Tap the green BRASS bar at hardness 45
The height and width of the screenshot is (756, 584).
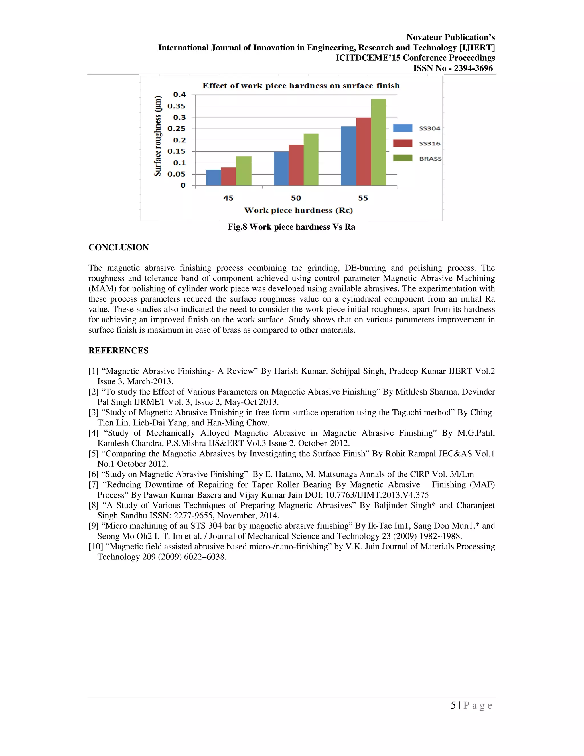(244, 171)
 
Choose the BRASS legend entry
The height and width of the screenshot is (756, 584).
(417, 159)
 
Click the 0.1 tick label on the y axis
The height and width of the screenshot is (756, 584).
(179, 163)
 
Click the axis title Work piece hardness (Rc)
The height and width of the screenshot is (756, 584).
(298, 211)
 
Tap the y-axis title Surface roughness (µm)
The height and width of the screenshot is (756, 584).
(158, 136)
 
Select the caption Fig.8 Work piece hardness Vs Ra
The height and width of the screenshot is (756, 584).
(291, 227)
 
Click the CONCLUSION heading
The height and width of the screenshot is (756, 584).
(119, 248)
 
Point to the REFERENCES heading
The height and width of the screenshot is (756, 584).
(118, 351)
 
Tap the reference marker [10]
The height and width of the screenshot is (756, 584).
(96, 547)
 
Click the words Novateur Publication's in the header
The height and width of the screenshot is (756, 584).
(451, 37)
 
